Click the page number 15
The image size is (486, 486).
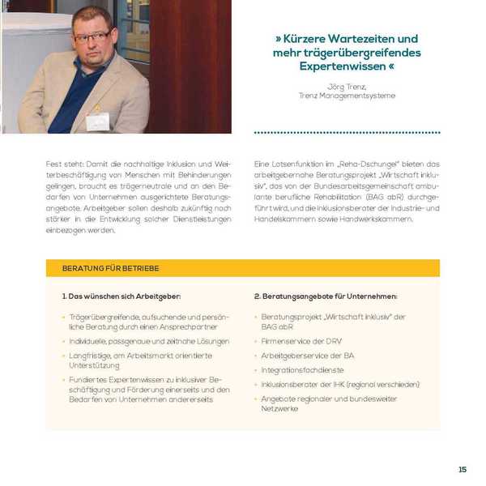tap(463, 469)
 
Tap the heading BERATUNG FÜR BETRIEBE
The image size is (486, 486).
tap(110, 268)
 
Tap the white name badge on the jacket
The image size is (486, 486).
tap(98, 122)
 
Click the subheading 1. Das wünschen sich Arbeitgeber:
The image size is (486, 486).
tap(122, 296)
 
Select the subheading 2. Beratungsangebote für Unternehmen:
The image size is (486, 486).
tap(326, 296)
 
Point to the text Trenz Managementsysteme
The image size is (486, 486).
tap(347, 96)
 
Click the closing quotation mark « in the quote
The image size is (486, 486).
tap(392, 66)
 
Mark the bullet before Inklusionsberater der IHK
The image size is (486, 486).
tap(255, 385)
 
